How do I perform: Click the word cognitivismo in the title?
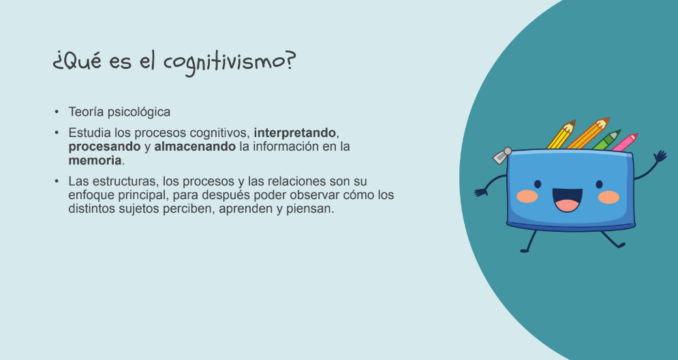[229, 61]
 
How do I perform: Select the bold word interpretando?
[294, 133]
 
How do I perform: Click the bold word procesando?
[105, 147]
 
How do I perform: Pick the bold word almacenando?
[195, 146]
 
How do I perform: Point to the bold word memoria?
[95, 160]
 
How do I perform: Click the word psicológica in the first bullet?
[139, 112]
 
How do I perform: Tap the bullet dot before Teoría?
[57, 112]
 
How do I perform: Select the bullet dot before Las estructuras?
[57, 181]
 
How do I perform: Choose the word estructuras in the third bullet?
[121, 181]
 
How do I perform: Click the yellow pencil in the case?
[561, 134]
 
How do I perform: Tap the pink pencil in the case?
[624, 142]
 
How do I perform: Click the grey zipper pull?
[502, 155]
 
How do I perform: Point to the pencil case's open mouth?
[567, 200]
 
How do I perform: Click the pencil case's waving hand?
[660, 155]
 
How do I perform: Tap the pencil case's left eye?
[538, 184]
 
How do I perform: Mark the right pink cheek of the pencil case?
[608, 197]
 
